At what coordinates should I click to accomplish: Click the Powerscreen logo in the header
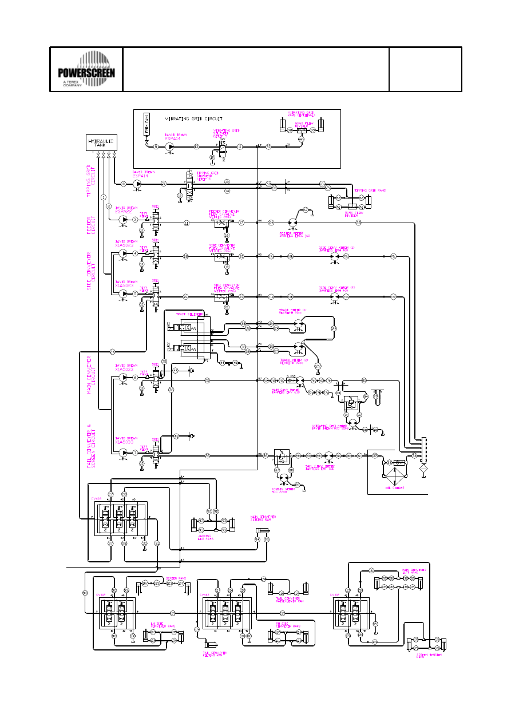click(x=86, y=69)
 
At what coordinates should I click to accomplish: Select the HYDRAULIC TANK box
click(x=101, y=143)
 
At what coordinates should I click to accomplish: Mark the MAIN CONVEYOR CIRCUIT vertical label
click(x=90, y=375)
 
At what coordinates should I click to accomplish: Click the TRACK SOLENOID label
click(x=190, y=314)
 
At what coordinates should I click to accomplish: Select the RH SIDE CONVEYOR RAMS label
click(x=280, y=626)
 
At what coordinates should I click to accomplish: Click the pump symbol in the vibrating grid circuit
click(x=169, y=147)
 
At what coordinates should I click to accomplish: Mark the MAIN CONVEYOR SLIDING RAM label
click(x=261, y=518)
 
